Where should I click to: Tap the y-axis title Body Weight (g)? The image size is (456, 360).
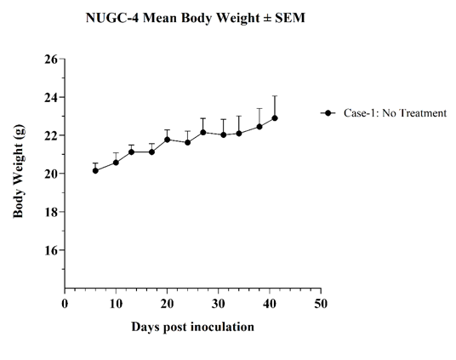click(19, 171)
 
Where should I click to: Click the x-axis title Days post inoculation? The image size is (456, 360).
click(192, 327)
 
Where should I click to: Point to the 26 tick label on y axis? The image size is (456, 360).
click(51, 59)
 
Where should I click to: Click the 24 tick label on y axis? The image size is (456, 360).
click(51, 97)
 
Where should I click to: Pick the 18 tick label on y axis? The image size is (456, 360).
click(51, 212)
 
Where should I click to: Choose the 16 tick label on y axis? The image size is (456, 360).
click(51, 250)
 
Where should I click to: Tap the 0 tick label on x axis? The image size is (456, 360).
click(65, 304)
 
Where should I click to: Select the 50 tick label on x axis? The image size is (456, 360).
click(321, 304)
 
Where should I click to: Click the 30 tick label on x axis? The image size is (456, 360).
click(218, 304)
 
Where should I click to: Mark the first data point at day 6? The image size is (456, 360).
click(95, 171)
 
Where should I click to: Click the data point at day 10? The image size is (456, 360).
click(116, 163)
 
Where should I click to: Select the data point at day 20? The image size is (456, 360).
click(168, 140)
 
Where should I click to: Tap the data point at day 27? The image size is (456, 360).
click(203, 133)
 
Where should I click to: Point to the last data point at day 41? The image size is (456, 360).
click(275, 118)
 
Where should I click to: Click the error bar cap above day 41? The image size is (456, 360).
click(275, 96)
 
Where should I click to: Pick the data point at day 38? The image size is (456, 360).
click(259, 127)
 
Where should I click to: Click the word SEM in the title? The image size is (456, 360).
click(289, 18)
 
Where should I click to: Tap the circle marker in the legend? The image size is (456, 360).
click(328, 113)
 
